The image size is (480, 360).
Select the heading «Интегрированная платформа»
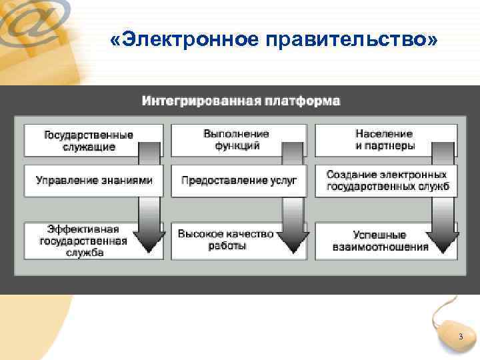pos(241,102)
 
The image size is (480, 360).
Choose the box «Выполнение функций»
pos(227,140)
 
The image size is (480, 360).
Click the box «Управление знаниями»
pos(93,180)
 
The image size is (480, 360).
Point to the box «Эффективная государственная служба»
pos(83,240)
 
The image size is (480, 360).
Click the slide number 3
pos(460,338)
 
